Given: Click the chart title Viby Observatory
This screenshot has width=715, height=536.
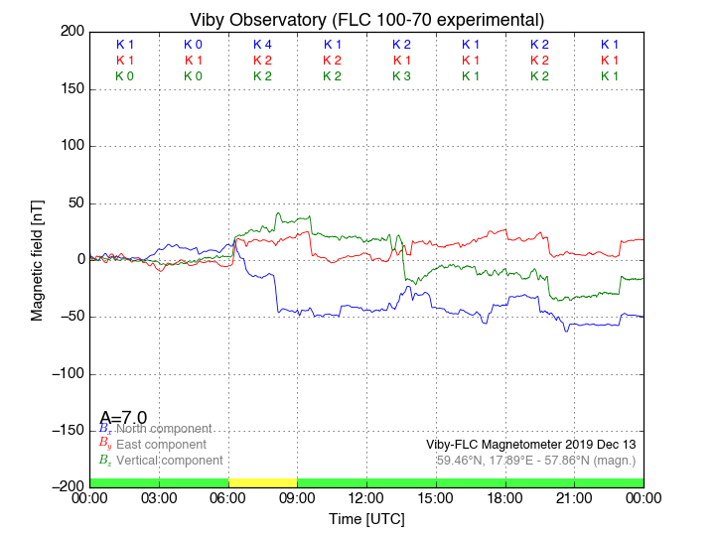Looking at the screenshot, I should point(366,20).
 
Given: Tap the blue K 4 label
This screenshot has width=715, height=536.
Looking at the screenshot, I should point(262,45).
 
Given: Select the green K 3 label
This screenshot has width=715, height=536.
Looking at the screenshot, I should point(401,76).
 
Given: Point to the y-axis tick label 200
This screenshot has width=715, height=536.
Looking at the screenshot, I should point(71,32).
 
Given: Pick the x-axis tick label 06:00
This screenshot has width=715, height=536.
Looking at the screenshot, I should point(228,497).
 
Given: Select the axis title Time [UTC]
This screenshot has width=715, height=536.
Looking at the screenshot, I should point(366,518).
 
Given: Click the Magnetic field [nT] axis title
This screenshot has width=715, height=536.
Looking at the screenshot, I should point(37,258).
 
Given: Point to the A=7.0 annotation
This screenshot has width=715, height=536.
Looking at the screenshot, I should point(123,417).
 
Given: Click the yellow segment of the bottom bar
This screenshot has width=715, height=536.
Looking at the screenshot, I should point(262,482).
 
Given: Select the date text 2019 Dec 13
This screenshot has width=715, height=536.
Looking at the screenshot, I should point(596,444).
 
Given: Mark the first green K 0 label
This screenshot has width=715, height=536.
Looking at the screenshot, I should point(124,76).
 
